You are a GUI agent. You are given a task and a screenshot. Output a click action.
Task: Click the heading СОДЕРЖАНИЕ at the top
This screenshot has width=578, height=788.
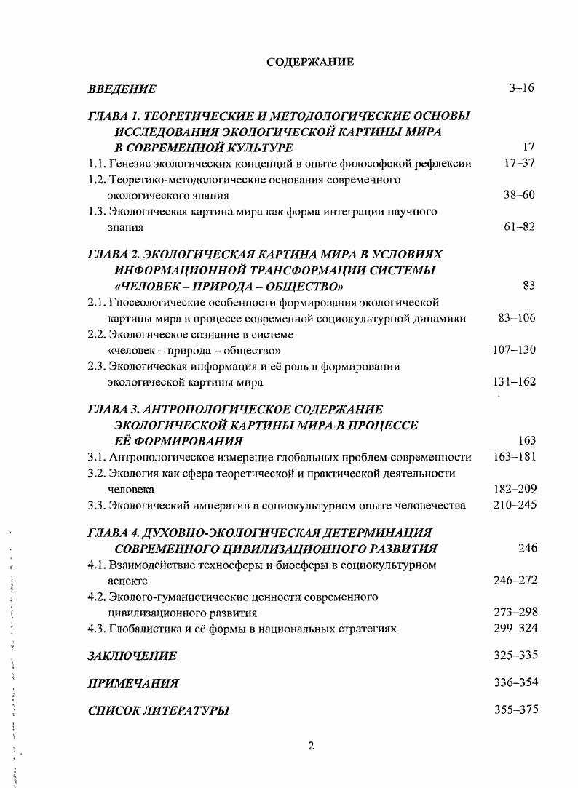pyautogui.click(x=311, y=62)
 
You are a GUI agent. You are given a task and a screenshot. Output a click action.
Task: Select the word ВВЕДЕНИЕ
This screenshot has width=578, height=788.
pyautogui.click(x=122, y=89)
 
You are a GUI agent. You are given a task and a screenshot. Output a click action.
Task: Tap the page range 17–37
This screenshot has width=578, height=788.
pyautogui.click(x=519, y=163)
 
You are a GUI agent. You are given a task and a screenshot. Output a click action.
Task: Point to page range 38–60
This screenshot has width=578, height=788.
pyautogui.click(x=519, y=195)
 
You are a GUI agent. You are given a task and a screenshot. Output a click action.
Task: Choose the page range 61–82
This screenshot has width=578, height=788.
pyautogui.click(x=519, y=226)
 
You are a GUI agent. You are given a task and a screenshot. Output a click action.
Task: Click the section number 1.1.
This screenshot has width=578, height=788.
pyautogui.click(x=97, y=164)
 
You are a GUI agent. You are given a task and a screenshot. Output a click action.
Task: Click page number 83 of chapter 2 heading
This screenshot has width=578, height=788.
pyautogui.click(x=528, y=286)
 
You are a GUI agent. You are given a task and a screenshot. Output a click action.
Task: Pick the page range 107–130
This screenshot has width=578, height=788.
pyautogui.click(x=514, y=350)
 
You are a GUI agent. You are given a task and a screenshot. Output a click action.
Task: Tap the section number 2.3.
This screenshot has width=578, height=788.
pyautogui.click(x=97, y=367)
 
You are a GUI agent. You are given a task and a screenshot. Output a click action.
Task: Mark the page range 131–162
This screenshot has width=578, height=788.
pyautogui.click(x=514, y=382)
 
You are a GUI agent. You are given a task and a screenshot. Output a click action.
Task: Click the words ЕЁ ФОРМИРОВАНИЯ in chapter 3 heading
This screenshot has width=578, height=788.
pyautogui.click(x=179, y=441)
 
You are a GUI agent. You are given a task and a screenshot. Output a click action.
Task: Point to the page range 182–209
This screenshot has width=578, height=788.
pyautogui.click(x=514, y=490)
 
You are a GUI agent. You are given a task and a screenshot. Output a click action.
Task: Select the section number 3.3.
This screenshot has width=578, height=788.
pyautogui.click(x=97, y=506)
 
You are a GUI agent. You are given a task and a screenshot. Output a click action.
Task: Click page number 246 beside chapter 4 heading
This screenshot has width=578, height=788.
pyautogui.click(x=527, y=548)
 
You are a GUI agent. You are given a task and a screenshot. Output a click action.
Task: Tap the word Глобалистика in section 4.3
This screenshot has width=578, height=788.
pyautogui.click(x=145, y=629)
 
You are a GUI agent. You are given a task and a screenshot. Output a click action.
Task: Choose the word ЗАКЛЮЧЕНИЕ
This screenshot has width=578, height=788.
pyautogui.click(x=132, y=656)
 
